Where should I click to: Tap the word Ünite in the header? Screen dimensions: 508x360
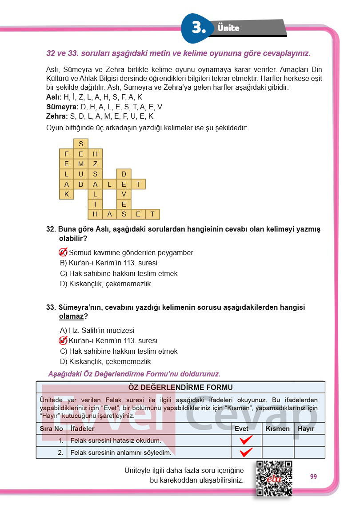228,28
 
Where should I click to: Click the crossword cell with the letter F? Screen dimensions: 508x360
67,154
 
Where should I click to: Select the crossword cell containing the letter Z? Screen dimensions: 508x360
95,164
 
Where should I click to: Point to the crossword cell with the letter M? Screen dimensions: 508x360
81,164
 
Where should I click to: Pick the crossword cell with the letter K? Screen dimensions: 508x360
67,194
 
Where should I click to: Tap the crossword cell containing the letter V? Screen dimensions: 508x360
124,194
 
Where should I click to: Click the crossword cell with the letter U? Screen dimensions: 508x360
81,174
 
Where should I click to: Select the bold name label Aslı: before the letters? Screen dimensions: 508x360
54,97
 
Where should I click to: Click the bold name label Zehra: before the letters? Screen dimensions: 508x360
57,116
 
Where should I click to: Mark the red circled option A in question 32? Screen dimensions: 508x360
63,252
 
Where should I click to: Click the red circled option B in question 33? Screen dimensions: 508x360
63,341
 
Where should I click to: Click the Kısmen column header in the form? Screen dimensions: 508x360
278,429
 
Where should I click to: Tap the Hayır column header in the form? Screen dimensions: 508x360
306,429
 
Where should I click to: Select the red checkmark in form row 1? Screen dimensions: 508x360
246,440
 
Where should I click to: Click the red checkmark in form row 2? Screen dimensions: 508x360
246,452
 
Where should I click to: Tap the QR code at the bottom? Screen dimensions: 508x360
274,478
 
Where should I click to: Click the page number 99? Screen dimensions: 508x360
314,476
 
